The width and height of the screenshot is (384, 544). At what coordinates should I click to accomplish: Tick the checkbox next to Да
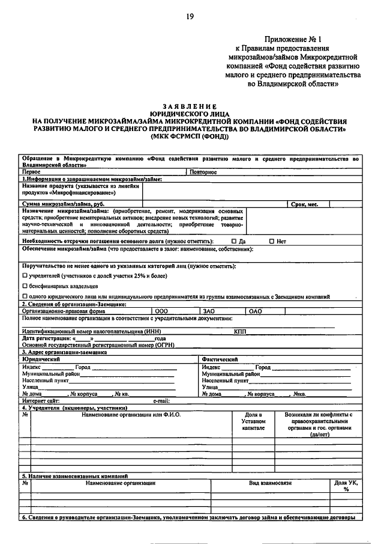click(235, 240)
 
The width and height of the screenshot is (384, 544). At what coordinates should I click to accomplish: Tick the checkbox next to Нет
click(272, 240)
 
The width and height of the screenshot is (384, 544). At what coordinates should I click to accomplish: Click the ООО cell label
click(161, 311)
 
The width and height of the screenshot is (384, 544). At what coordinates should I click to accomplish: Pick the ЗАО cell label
click(209, 311)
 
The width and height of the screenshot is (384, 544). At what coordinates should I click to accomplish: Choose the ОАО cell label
click(256, 311)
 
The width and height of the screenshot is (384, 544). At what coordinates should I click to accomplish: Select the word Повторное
click(203, 172)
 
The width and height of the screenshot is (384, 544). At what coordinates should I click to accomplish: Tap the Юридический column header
click(40, 359)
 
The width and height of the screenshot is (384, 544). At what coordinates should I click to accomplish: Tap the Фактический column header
click(220, 359)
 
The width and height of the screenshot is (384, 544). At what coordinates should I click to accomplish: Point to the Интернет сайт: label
click(41, 400)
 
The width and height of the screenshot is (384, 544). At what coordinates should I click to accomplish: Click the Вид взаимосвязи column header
click(270, 483)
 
